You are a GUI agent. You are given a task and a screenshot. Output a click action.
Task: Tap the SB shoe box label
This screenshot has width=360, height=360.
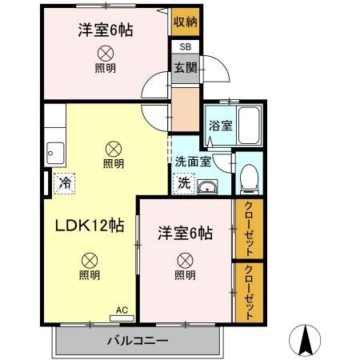(185, 48)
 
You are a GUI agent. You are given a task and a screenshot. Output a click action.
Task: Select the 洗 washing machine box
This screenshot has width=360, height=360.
(184, 182)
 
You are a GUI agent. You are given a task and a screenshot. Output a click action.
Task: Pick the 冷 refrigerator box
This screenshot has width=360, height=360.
(64, 182)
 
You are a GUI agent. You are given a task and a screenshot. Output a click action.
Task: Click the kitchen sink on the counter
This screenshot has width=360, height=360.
(56, 150)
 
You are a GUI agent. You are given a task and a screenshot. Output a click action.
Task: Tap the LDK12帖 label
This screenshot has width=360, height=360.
(89, 226)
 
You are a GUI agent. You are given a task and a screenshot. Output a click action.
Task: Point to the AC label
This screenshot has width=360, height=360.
(122, 310)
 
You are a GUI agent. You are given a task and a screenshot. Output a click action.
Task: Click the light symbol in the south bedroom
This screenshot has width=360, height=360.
(185, 259)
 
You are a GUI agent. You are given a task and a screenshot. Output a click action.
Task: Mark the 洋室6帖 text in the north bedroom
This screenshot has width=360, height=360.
(105, 30)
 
